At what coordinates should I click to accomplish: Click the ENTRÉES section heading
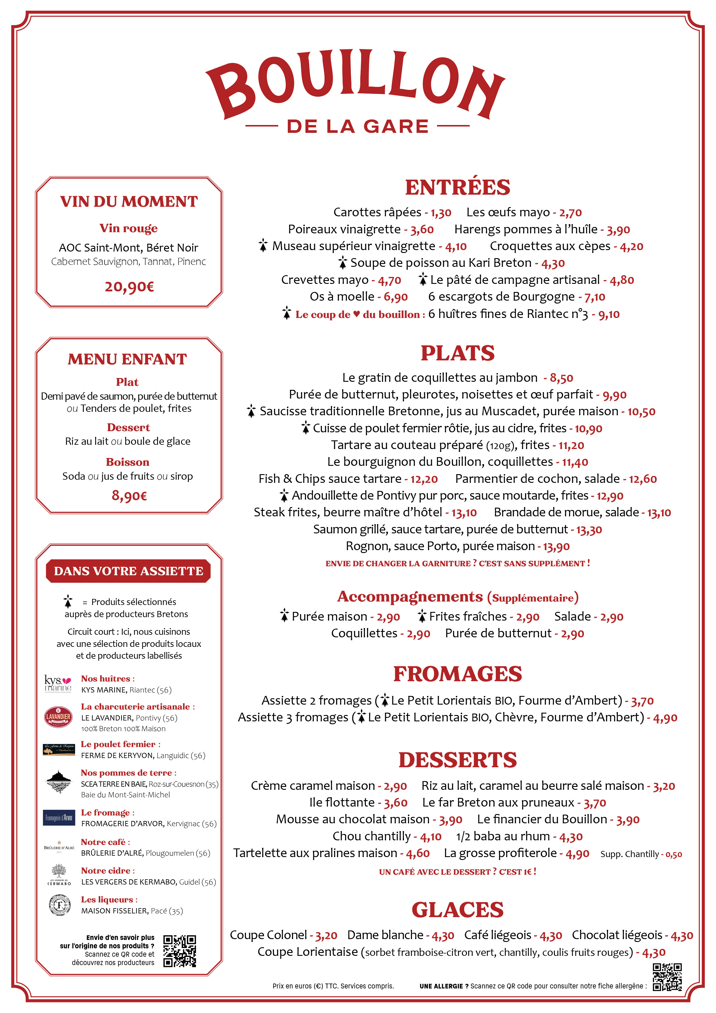click(458, 187)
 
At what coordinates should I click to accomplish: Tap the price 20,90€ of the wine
click(129, 287)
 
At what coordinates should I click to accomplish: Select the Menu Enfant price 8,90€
click(129, 496)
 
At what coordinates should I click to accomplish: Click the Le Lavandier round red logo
click(58, 716)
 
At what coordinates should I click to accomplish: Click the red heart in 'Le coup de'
click(357, 314)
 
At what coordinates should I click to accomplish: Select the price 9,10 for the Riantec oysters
click(609, 314)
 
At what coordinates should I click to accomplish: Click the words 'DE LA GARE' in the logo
click(358, 126)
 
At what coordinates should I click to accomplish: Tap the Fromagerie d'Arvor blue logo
click(59, 818)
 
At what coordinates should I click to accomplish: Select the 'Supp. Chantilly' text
click(629, 854)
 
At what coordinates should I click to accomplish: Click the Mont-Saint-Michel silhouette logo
click(58, 781)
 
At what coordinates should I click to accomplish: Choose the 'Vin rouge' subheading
click(128, 228)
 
